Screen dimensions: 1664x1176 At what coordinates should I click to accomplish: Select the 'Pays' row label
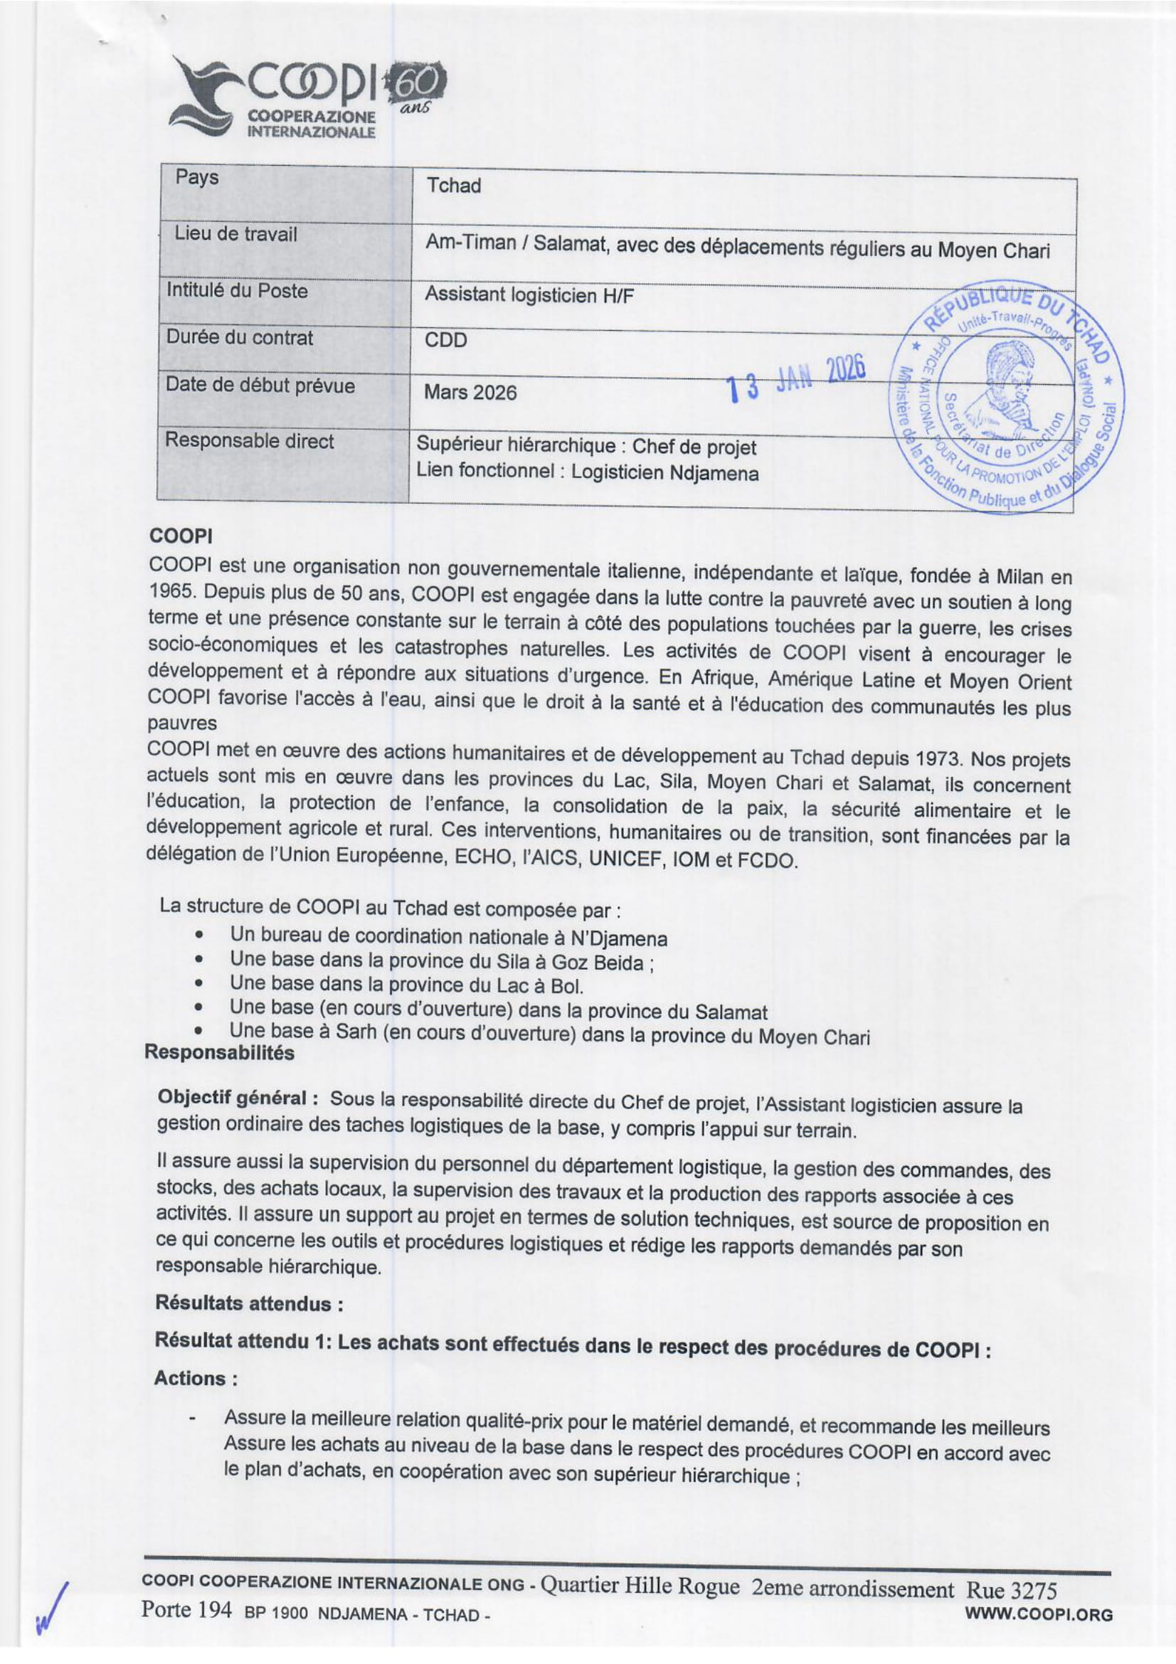196,178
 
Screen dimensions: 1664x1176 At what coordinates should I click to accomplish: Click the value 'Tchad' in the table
454,186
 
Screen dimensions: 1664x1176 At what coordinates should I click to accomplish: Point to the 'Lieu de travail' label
235,234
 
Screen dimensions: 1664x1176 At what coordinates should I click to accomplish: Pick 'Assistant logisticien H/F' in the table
529,295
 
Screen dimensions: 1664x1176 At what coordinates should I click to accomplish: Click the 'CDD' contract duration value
445,341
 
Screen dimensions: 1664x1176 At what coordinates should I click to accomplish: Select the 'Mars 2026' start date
470,393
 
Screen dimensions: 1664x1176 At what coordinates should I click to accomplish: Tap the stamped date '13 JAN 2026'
796,380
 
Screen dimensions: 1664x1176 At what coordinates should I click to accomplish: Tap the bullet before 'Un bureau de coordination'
198,935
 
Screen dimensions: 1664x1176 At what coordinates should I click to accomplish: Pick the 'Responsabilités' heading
220,1053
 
